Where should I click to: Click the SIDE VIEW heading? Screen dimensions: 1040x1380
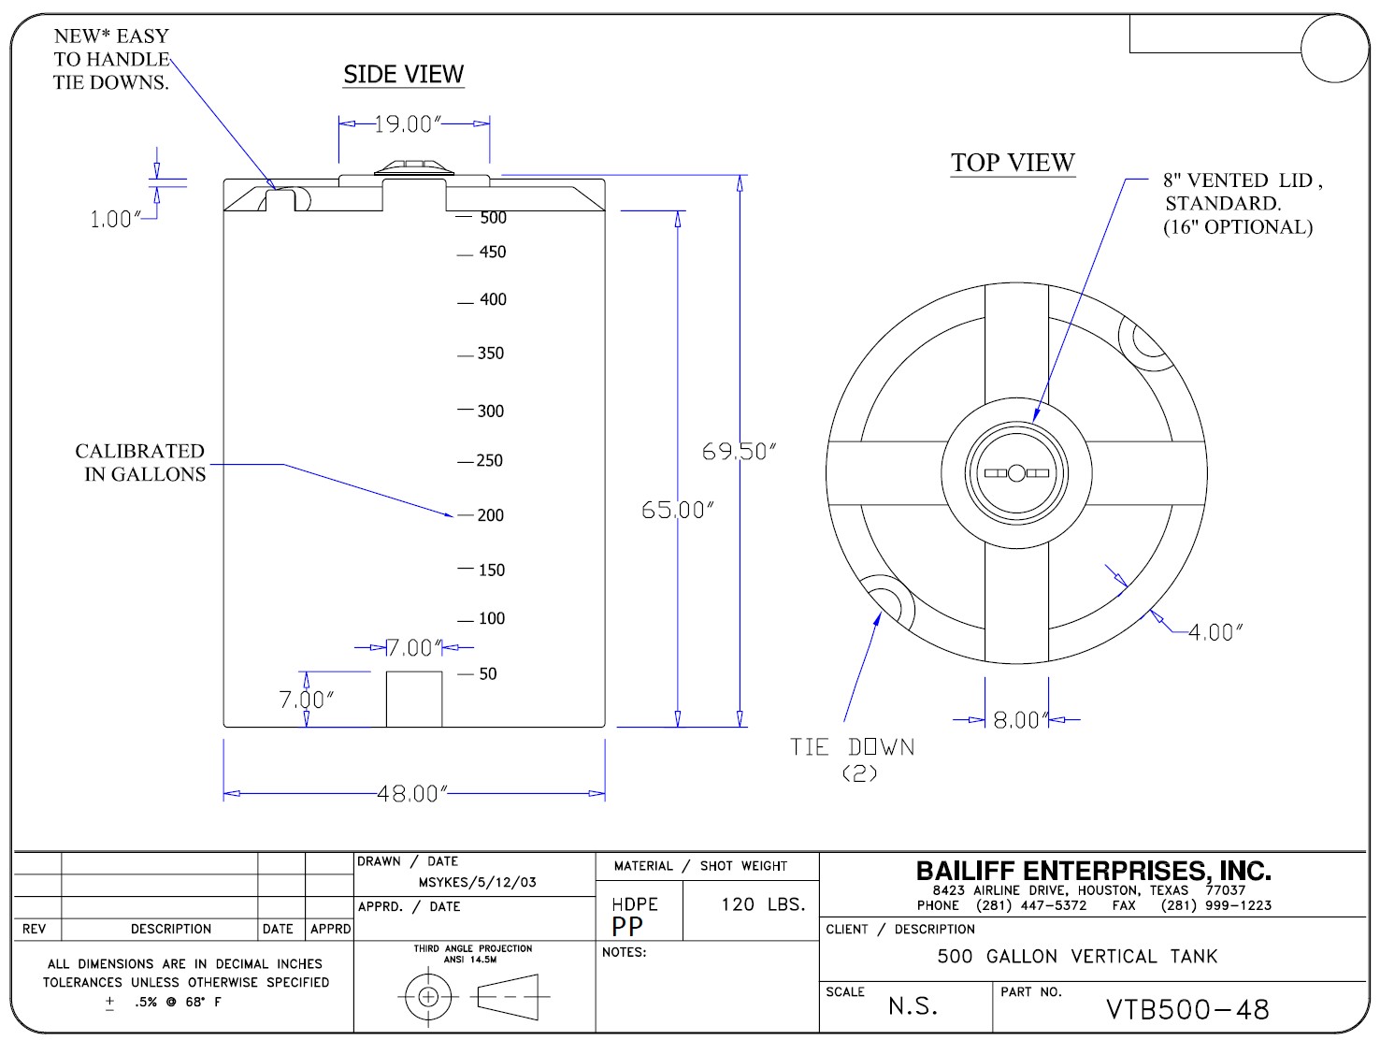click(x=403, y=75)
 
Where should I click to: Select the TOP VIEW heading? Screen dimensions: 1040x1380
click(x=1013, y=163)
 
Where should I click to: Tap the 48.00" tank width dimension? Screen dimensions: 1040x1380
click(x=412, y=794)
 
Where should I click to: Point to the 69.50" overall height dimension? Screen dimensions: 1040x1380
click(x=739, y=452)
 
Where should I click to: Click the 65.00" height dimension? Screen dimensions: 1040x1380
click(x=678, y=510)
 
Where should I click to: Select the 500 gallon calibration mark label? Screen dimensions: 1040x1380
click(x=493, y=218)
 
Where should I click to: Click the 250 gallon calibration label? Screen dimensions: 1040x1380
click(x=489, y=461)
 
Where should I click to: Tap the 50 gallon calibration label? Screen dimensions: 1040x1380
click(x=487, y=674)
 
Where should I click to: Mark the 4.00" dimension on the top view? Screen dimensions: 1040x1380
click(x=1215, y=632)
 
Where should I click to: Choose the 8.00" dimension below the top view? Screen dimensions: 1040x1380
click(x=1017, y=720)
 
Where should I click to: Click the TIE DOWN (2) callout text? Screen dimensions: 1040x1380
click(x=853, y=758)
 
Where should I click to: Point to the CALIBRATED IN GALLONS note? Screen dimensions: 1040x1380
click(x=141, y=463)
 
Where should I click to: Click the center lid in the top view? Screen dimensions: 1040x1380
click(x=1015, y=473)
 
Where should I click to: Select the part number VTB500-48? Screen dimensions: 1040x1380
click(x=1187, y=1010)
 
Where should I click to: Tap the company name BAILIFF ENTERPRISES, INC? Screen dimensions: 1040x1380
click(x=1093, y=872)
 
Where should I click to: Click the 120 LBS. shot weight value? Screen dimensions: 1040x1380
click(x=763, y=904)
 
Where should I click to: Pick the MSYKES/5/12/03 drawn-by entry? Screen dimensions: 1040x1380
click(x=477, y=882)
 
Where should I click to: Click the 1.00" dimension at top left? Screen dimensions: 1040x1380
click(x=113, y=220)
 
